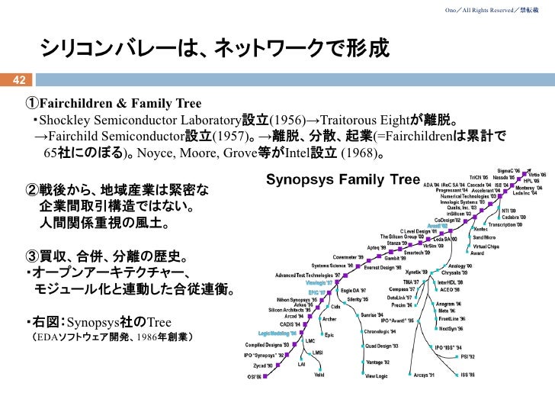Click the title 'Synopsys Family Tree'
click(x=342, y=180)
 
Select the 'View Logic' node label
click(x=380, y=376)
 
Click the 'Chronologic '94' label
click(x=380, y=332)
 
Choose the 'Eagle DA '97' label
click(x=354, y=291)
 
